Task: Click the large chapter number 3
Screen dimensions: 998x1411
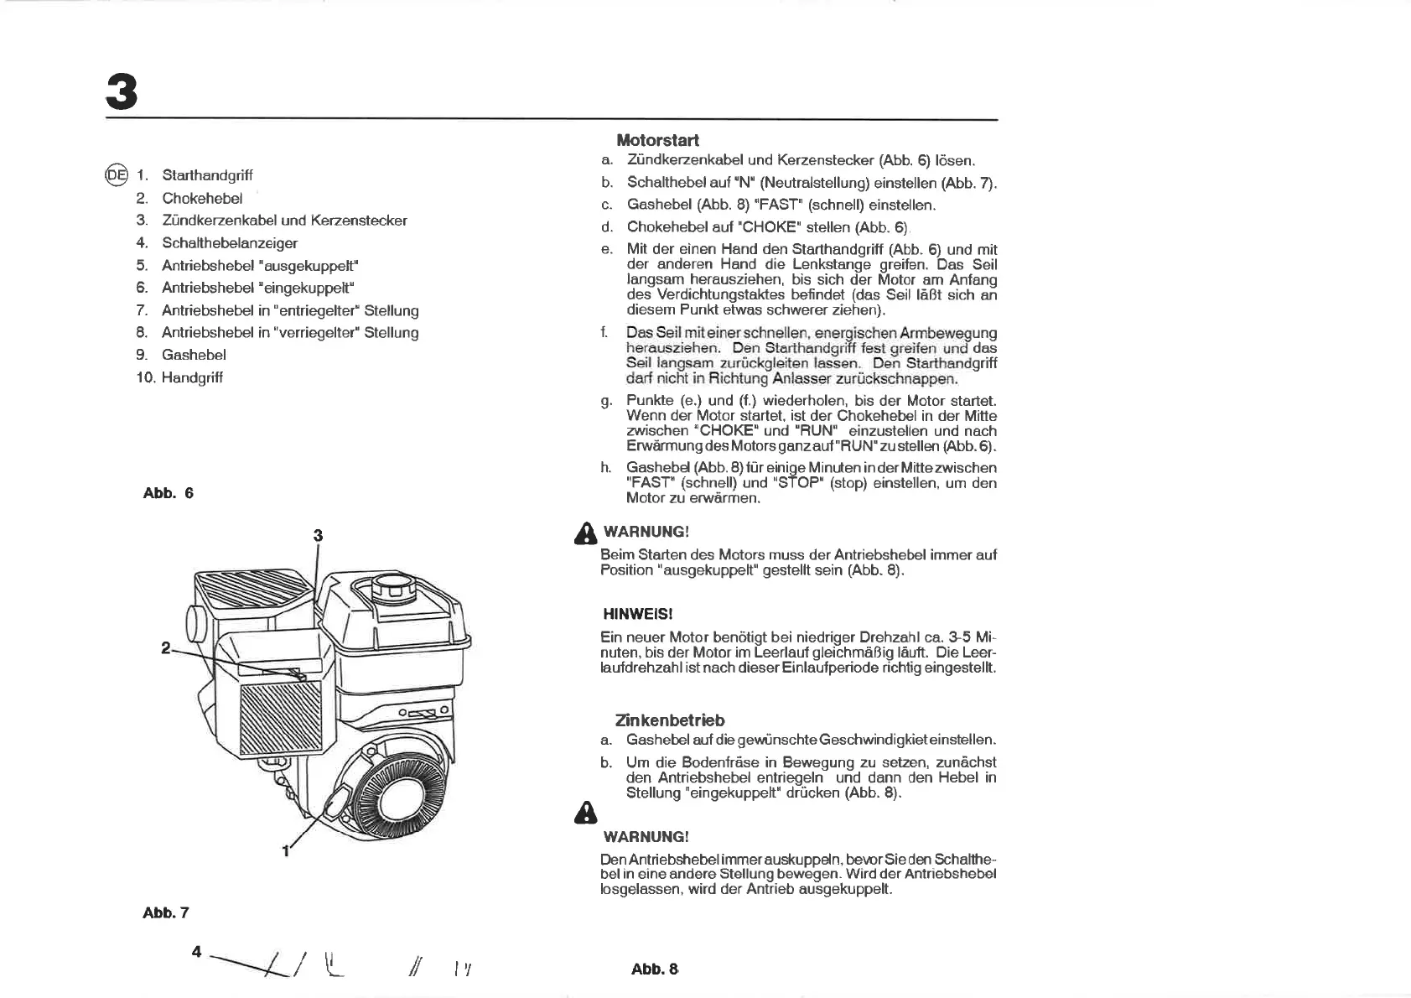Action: tap(122, 91)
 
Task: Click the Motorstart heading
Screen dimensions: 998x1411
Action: tap(657, 140)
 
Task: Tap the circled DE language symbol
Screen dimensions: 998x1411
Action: tap(116, 175)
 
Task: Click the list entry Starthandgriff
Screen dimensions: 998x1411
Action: tap(207, 175)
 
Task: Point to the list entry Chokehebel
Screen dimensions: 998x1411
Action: tap(202, 198)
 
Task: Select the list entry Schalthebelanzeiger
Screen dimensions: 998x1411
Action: tap(230, 243)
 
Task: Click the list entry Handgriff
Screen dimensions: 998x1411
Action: tap(192, 377)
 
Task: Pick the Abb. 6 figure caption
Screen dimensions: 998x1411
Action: tap(168, 493)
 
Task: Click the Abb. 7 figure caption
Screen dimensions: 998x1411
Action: tap(166, 912)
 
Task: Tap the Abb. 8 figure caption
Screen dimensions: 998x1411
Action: tap(654, 969)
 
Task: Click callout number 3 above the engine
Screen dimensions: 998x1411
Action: tap(318, 535)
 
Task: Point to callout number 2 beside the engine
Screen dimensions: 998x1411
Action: tap(166, 647)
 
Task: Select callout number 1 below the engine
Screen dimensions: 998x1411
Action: tap(285, 851)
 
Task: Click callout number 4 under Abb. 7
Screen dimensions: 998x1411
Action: tap(196, 951)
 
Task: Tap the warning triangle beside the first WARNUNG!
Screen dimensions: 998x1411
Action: tap(584, 533)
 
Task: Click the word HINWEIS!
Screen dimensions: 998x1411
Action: tap(637, 614)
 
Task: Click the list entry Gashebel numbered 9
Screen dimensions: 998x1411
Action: tap(194, 355)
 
